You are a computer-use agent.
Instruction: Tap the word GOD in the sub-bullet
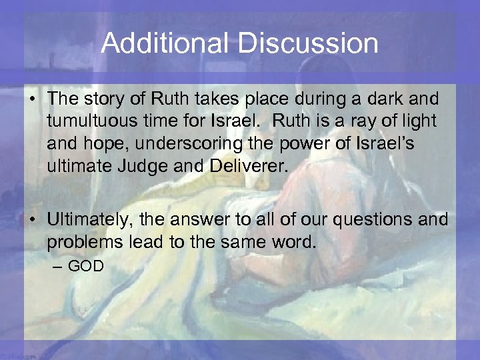click(x=86, y=266)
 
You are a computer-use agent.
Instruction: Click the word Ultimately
click(x=91, y=221)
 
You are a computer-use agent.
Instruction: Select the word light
click(x=417, y=121)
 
